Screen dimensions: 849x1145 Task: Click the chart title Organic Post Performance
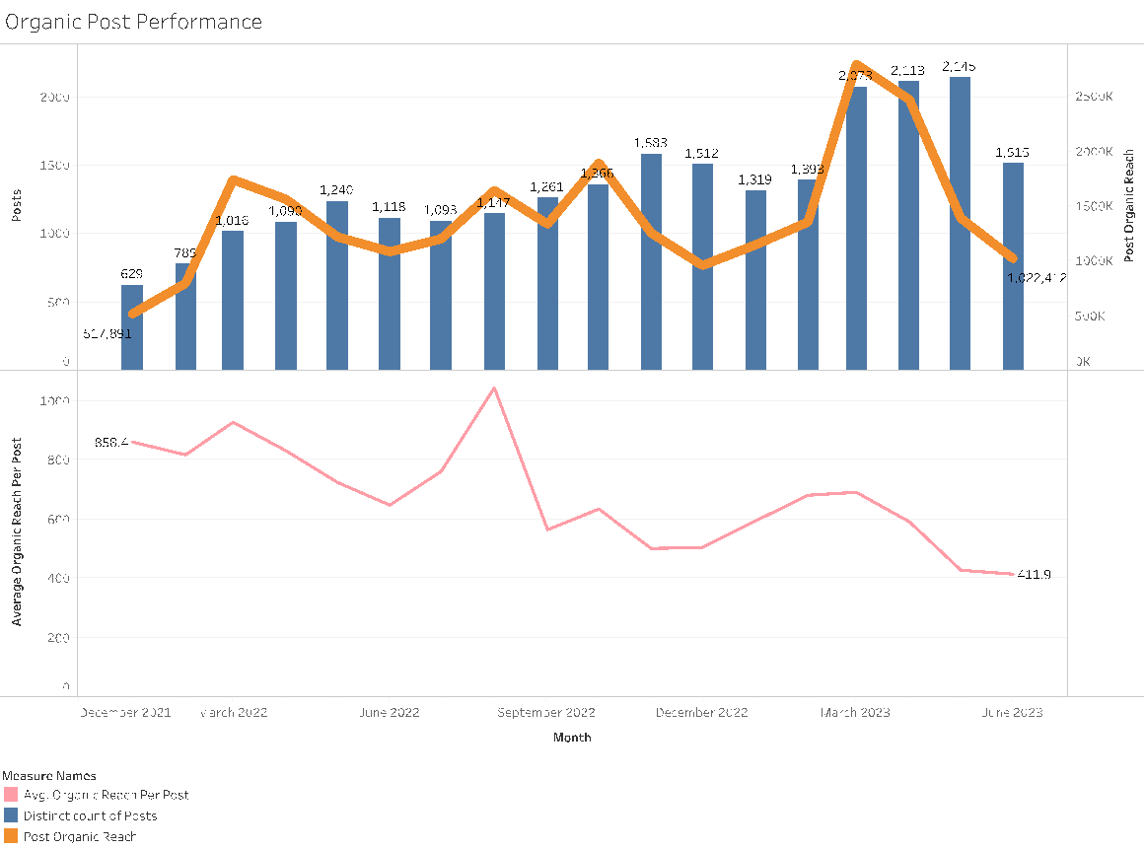134,21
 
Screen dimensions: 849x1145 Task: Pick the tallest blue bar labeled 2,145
960,223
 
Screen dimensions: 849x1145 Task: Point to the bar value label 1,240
336,189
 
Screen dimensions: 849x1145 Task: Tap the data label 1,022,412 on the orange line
1037,278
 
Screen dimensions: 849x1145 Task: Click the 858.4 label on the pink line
111,442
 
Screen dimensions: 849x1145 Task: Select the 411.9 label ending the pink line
1035,575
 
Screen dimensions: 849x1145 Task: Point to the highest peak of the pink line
494,389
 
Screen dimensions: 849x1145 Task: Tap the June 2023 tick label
1012,712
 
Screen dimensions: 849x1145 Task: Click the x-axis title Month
572,737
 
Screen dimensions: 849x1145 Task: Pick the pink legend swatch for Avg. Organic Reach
11,795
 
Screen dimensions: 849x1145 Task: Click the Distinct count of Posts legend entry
90,815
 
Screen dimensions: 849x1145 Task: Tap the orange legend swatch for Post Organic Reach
11,836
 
